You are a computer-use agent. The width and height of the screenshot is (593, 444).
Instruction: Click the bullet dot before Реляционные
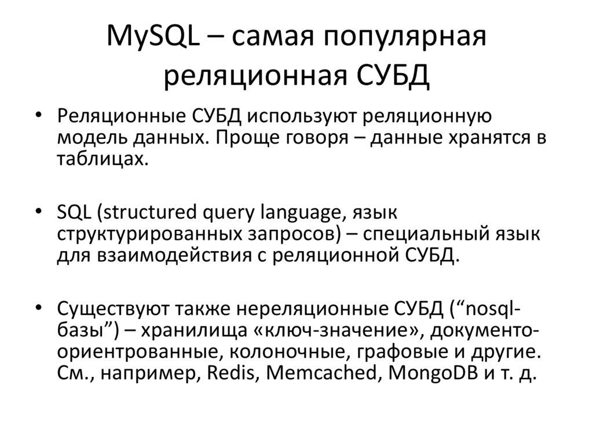pos(38,115)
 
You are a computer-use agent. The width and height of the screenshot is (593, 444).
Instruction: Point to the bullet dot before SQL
pos(38,212)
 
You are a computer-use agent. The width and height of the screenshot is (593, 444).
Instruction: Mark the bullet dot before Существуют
pos(38,307)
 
